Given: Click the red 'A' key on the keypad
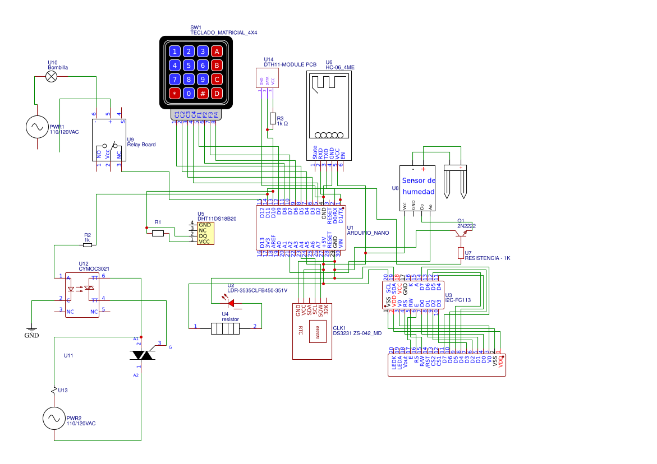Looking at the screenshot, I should pos(217,52).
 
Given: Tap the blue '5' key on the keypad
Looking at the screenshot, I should pos(189,66).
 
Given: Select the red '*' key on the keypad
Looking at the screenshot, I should pos(175,93).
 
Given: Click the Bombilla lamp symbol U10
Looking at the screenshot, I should pos(51,77).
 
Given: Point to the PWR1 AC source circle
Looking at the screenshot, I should pos(38,127).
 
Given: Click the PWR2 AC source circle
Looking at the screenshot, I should pos(56,419).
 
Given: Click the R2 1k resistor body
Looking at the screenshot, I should pos(87,245).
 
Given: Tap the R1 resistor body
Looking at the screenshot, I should pos(158,233).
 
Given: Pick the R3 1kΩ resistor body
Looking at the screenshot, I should pos(273,118).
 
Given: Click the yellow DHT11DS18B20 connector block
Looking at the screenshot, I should pos(203,233).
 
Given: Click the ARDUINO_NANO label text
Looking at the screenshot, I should pos(367,233).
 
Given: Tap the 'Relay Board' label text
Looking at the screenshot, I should pos(141,145).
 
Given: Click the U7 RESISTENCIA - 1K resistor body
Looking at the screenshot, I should pos(461,253).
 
